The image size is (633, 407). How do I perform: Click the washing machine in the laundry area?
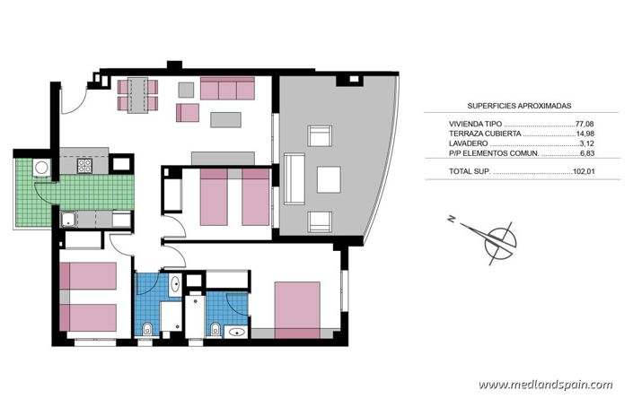pos(41,168)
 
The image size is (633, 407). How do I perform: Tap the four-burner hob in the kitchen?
pos(84,165)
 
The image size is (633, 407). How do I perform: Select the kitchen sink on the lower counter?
pos(68,217)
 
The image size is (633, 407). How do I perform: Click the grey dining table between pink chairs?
pos(137,94)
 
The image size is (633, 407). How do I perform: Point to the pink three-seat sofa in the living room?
pos(228,89)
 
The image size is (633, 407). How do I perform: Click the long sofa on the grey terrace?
pos(294,178)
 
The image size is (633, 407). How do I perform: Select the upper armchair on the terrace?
pos(321,136)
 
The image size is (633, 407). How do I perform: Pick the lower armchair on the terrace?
pos(321,221)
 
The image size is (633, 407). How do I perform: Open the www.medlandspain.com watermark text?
pos(545,385)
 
